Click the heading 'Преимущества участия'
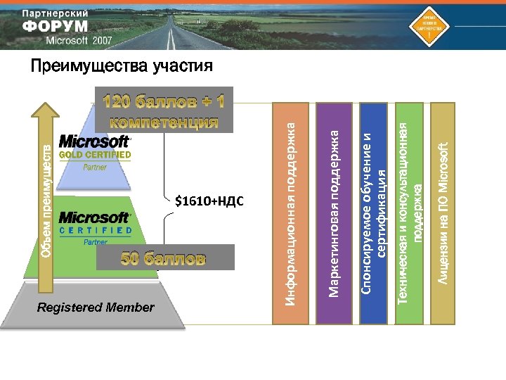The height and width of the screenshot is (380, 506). coord(121,67)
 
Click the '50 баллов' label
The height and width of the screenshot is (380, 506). coord(164,258)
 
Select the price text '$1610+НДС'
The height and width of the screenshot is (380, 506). coord(209,202)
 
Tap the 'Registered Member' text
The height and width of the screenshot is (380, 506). coord(96,308)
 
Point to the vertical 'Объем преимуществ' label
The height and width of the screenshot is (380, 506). coord(45,201)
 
